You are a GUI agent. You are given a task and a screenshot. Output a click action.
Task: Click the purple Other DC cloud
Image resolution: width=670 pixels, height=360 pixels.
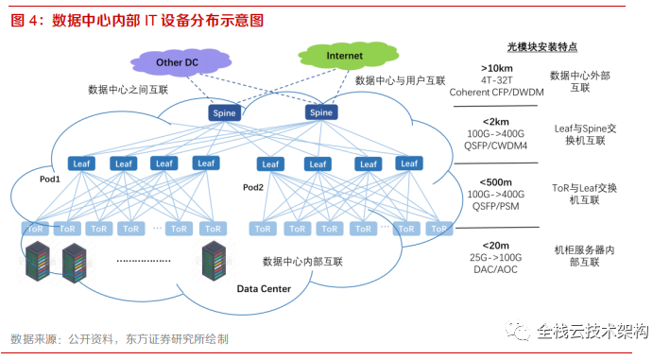coord(178,63)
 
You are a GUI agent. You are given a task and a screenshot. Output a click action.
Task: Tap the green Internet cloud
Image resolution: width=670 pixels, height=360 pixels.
coord(344,57)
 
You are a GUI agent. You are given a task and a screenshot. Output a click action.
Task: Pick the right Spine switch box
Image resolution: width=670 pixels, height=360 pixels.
coord(320,112)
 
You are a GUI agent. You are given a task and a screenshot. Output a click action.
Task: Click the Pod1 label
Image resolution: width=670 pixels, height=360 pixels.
coord(50,179)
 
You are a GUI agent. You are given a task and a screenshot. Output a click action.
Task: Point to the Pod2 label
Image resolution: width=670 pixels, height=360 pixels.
coord(253,187)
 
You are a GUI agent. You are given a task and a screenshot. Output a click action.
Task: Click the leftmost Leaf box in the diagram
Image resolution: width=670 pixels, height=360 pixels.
coord(81,163)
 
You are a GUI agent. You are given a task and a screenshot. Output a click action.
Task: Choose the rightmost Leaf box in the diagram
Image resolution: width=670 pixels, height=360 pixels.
coord(408,163)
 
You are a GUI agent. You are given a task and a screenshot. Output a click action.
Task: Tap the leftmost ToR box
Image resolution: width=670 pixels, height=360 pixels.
coord(36,229)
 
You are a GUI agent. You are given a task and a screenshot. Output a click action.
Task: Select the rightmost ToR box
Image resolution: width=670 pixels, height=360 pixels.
coord(438,229)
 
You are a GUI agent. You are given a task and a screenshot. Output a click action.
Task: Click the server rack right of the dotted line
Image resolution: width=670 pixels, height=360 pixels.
coord(215,259)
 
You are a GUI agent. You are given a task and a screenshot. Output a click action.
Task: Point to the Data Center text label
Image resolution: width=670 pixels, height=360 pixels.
coord(264,288)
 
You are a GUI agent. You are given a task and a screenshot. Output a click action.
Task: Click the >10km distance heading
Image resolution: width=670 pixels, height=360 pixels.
coord(496,68)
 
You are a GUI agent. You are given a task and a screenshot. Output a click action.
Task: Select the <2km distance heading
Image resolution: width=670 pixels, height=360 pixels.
coord(496,123)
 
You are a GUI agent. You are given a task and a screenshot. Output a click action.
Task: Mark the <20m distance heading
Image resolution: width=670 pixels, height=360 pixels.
coord(496,245)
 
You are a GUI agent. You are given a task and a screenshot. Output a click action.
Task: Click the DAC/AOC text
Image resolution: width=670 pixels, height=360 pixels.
coord(496,267)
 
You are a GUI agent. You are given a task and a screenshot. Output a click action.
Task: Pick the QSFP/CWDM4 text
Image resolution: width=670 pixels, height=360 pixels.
coord(496,146)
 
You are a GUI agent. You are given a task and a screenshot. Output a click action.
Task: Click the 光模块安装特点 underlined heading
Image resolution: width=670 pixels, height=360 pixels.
coord(542,46)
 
